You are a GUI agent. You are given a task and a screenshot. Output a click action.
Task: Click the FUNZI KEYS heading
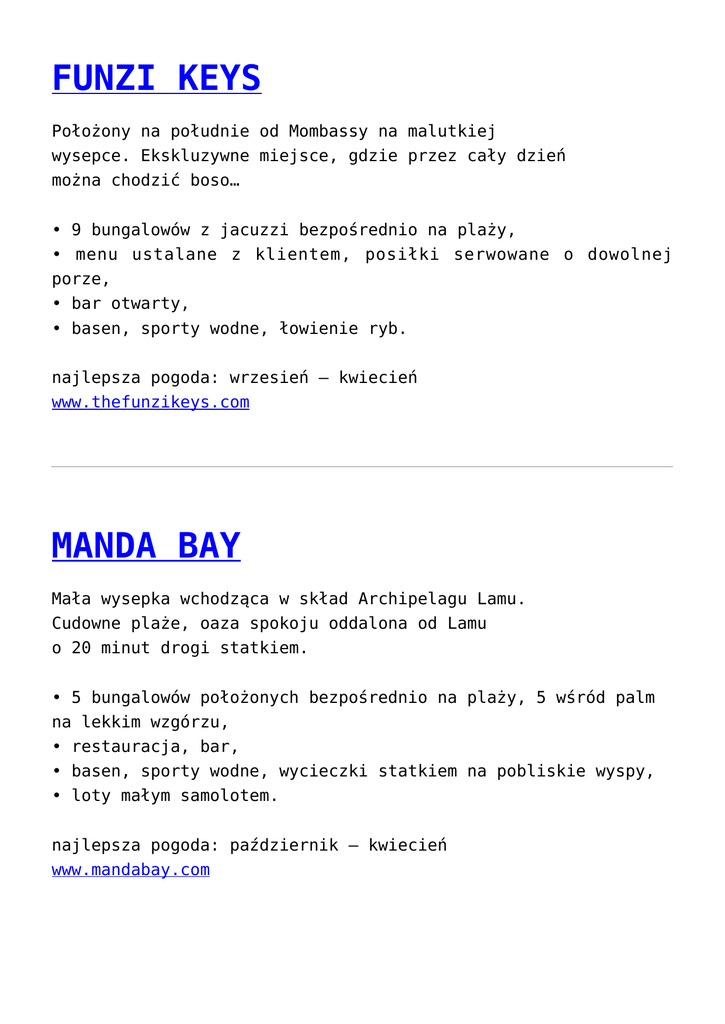[x=156, y=78]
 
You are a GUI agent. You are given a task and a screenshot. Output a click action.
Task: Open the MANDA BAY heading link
[x=146, y=546]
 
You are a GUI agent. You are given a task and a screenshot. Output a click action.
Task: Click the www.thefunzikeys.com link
[x=150, y=402]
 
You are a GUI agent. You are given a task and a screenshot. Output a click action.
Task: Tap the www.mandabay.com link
[x=131, y=870]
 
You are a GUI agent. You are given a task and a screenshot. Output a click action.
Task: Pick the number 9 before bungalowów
[x=76, y=230]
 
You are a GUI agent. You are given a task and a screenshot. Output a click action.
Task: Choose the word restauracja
[x=125, y=747]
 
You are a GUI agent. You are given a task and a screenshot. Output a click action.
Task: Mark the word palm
[x=635, y=697]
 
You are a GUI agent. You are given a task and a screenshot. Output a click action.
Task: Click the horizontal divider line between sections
[x=362, y=467]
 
